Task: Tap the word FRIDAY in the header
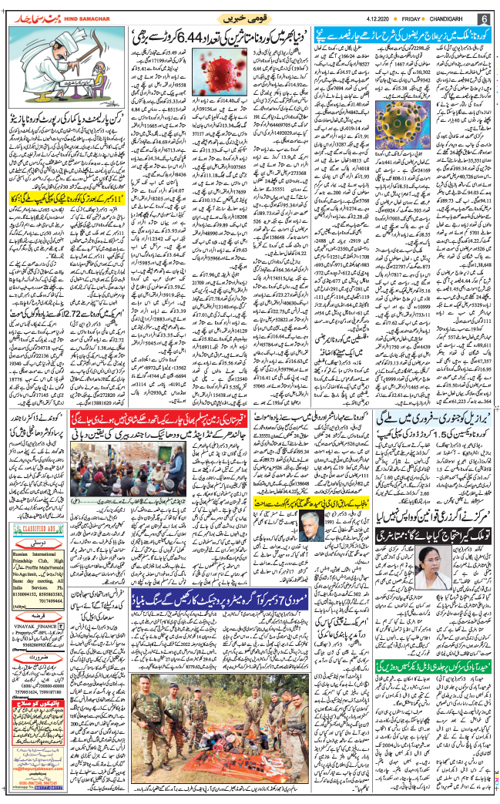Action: point(418,18)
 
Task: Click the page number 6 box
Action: point(486,18)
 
